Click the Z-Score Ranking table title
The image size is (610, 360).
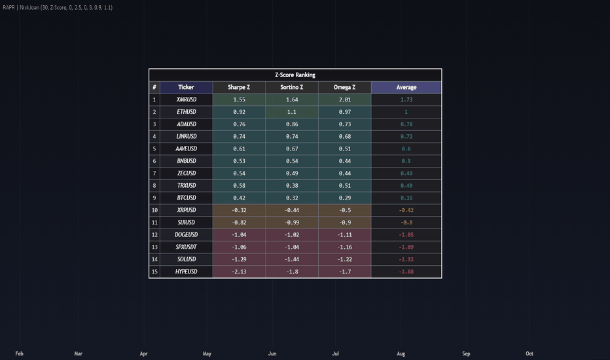click(x=295, y=75)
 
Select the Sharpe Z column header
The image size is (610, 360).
click(x=239, y=87)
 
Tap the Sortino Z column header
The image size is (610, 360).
click(x=292, y=87)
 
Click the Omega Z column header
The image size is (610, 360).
click(x=344, y=87)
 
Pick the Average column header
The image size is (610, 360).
click(x=406, y=87)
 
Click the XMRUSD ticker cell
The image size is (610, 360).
click(x=187, y=99)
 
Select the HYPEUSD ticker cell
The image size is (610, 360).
click(x=186, y=272)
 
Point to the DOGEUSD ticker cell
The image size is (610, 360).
click(x=186, y=235)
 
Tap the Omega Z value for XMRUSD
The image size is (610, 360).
click(x=345, y=99)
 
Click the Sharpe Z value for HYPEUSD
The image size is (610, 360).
click(x=239, y=272)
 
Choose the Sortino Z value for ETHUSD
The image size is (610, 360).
click(x=292, y=112)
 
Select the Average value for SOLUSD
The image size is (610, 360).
click(x=406, y=259)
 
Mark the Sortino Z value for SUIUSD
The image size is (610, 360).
click(x=292, y=223)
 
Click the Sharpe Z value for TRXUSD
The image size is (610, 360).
click(x=239, y=186)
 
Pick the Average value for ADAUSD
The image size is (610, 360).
click(x=406, y=124)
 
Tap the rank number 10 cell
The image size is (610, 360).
click(x=154, y=210)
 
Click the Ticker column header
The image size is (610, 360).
click(x=186, y=87)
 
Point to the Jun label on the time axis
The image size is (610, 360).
click(x=272, y=353)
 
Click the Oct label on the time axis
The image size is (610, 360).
click(x=529, y=353)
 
